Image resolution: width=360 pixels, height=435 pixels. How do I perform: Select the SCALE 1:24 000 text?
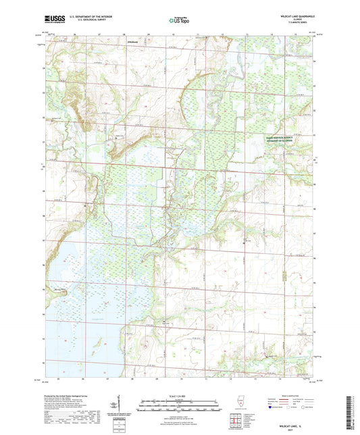(x=180, y=394)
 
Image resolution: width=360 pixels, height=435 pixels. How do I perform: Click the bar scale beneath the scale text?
(x=180, y=403)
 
